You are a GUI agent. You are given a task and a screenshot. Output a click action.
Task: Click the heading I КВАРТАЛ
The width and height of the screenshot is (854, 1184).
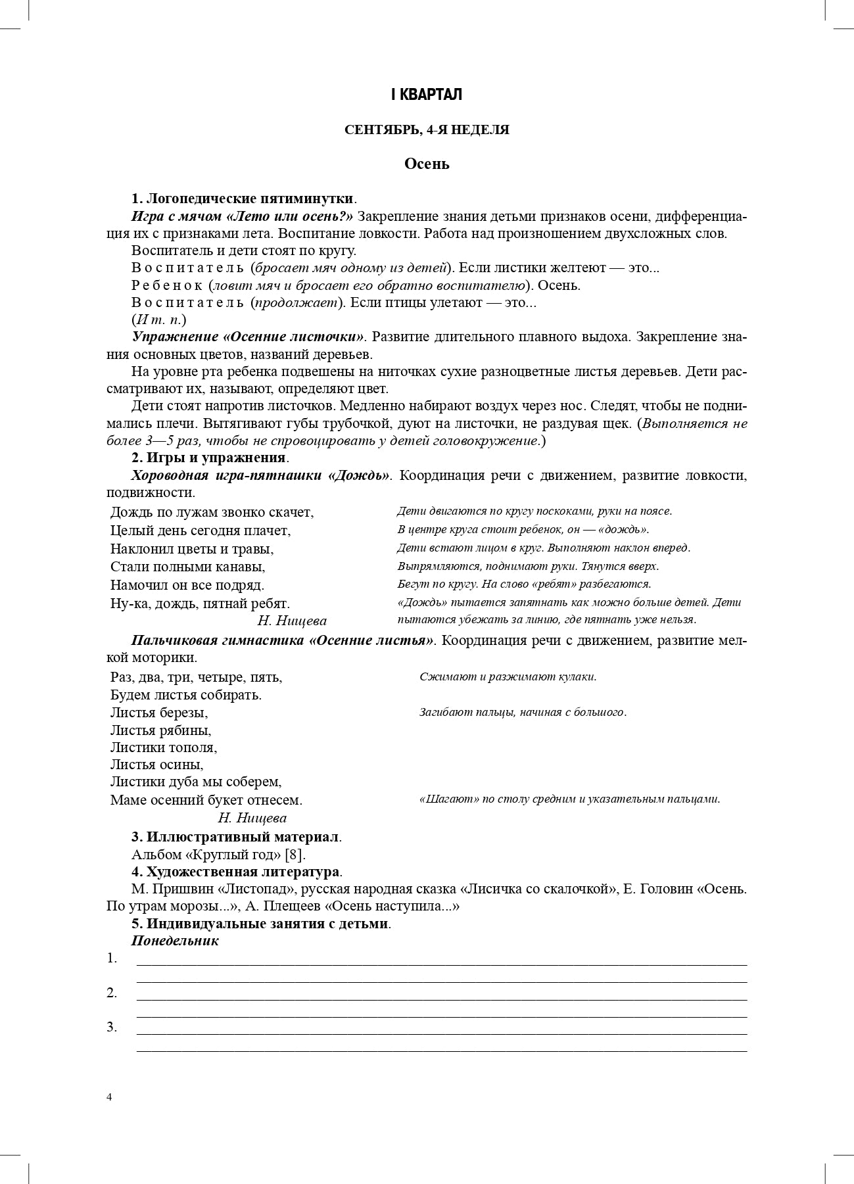click(x=427, y=95)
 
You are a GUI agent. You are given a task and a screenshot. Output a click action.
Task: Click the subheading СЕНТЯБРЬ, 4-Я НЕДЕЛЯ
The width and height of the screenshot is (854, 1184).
click(x=427, y=130)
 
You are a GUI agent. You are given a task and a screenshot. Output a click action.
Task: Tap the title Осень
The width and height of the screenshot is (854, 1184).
click(x=427, y=164)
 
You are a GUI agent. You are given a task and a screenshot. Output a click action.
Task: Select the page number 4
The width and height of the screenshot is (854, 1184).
click(x=109, y=1097)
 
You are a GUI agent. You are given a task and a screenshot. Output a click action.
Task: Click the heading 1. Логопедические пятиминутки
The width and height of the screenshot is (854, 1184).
click(x=243, y=199)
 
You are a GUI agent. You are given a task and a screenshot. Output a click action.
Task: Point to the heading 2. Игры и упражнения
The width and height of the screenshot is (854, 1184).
click(x=209, y=457)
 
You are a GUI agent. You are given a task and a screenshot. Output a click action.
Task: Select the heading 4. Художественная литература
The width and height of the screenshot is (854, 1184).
click(x=236, y=872)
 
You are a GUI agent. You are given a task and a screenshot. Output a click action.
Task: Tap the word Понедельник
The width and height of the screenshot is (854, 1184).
click(x=175, y=940)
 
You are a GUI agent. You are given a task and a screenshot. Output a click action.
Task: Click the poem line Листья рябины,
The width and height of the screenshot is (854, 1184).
click(x=160, y=730)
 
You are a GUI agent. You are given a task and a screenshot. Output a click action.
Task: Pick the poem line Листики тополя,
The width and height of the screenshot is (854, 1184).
click(x=164, y=747)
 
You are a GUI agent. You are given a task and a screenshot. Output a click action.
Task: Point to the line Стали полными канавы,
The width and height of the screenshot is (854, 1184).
click(x=187, y=566)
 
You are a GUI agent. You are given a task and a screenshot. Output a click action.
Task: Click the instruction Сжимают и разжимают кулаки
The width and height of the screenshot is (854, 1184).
click(x=508, y=676)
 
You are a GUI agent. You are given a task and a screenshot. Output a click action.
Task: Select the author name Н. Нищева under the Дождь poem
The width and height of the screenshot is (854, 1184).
click(x=292, y=621)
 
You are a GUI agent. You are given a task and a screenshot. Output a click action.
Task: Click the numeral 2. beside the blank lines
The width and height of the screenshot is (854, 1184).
click(x=112, y=993)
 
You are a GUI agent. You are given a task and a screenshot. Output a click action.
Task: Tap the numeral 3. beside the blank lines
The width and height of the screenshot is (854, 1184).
click(x=112, y=1027)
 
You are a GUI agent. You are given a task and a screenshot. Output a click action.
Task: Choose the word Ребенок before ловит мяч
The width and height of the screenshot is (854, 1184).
click(x=167, y=285)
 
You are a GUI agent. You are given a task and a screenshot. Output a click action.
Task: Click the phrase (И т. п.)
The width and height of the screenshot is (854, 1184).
click(x=159, y=320)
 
